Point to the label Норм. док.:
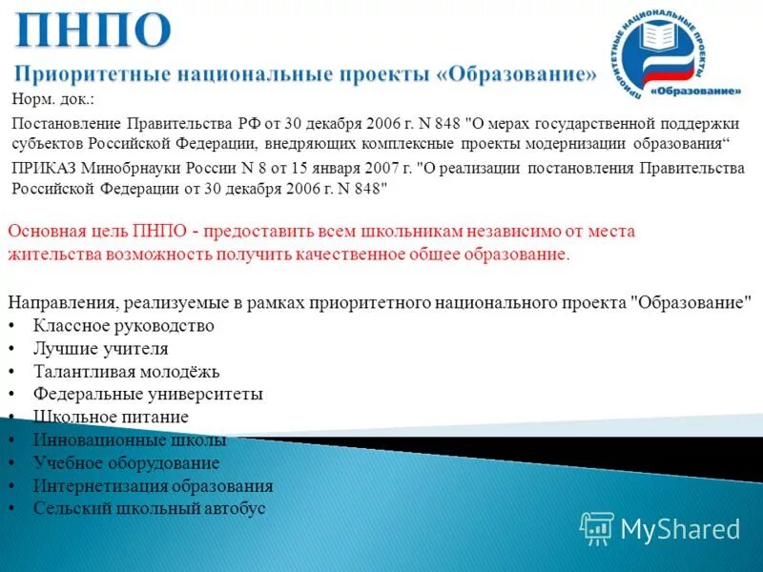coord(53,100)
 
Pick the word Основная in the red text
coord(42,232)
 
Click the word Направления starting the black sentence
coord(61,303)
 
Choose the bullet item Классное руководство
coord(123,326)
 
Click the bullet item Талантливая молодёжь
coord(127,372)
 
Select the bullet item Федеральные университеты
coord(148,394)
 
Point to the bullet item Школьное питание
coord(111,417)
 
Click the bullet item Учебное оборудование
coord(126,463)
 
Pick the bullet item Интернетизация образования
coord(153,486)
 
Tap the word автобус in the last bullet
coord(233,509)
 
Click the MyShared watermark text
coord(679,529)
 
